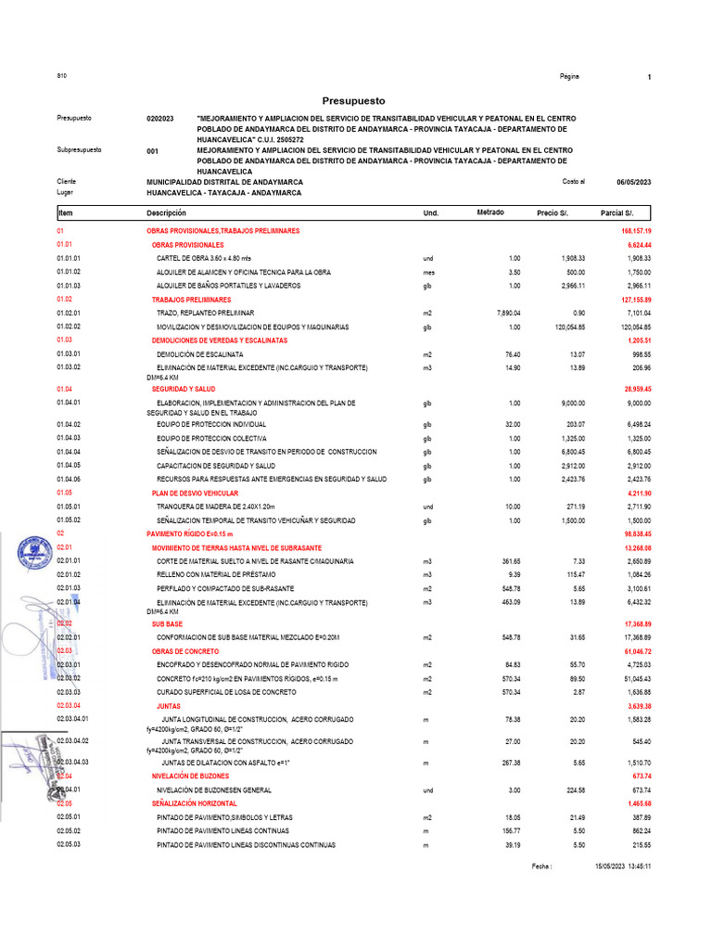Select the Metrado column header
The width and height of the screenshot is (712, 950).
click(x=490, y=213)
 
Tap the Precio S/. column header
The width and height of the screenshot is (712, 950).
click(x=554, y=213)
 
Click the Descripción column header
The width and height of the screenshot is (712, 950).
click(x=167, y=213)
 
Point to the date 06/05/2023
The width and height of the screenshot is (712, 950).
click(x=633, y=182)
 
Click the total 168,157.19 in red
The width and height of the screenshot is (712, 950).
click(x=636, y=230)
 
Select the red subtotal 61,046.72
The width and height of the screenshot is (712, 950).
click(x=636, y=651)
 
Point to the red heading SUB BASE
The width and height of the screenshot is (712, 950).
click(x=167, y=624)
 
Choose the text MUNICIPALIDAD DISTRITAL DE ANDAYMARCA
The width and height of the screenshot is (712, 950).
click(x=224, y=182)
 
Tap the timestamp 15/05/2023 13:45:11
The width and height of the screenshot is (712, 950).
click(x=623, y=867)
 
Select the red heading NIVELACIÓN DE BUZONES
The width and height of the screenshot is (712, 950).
click(x=193, y=776)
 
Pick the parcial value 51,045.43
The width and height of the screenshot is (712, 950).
click(x=636, y=679)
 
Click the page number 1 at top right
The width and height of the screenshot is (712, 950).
click(x=649, y=77)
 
